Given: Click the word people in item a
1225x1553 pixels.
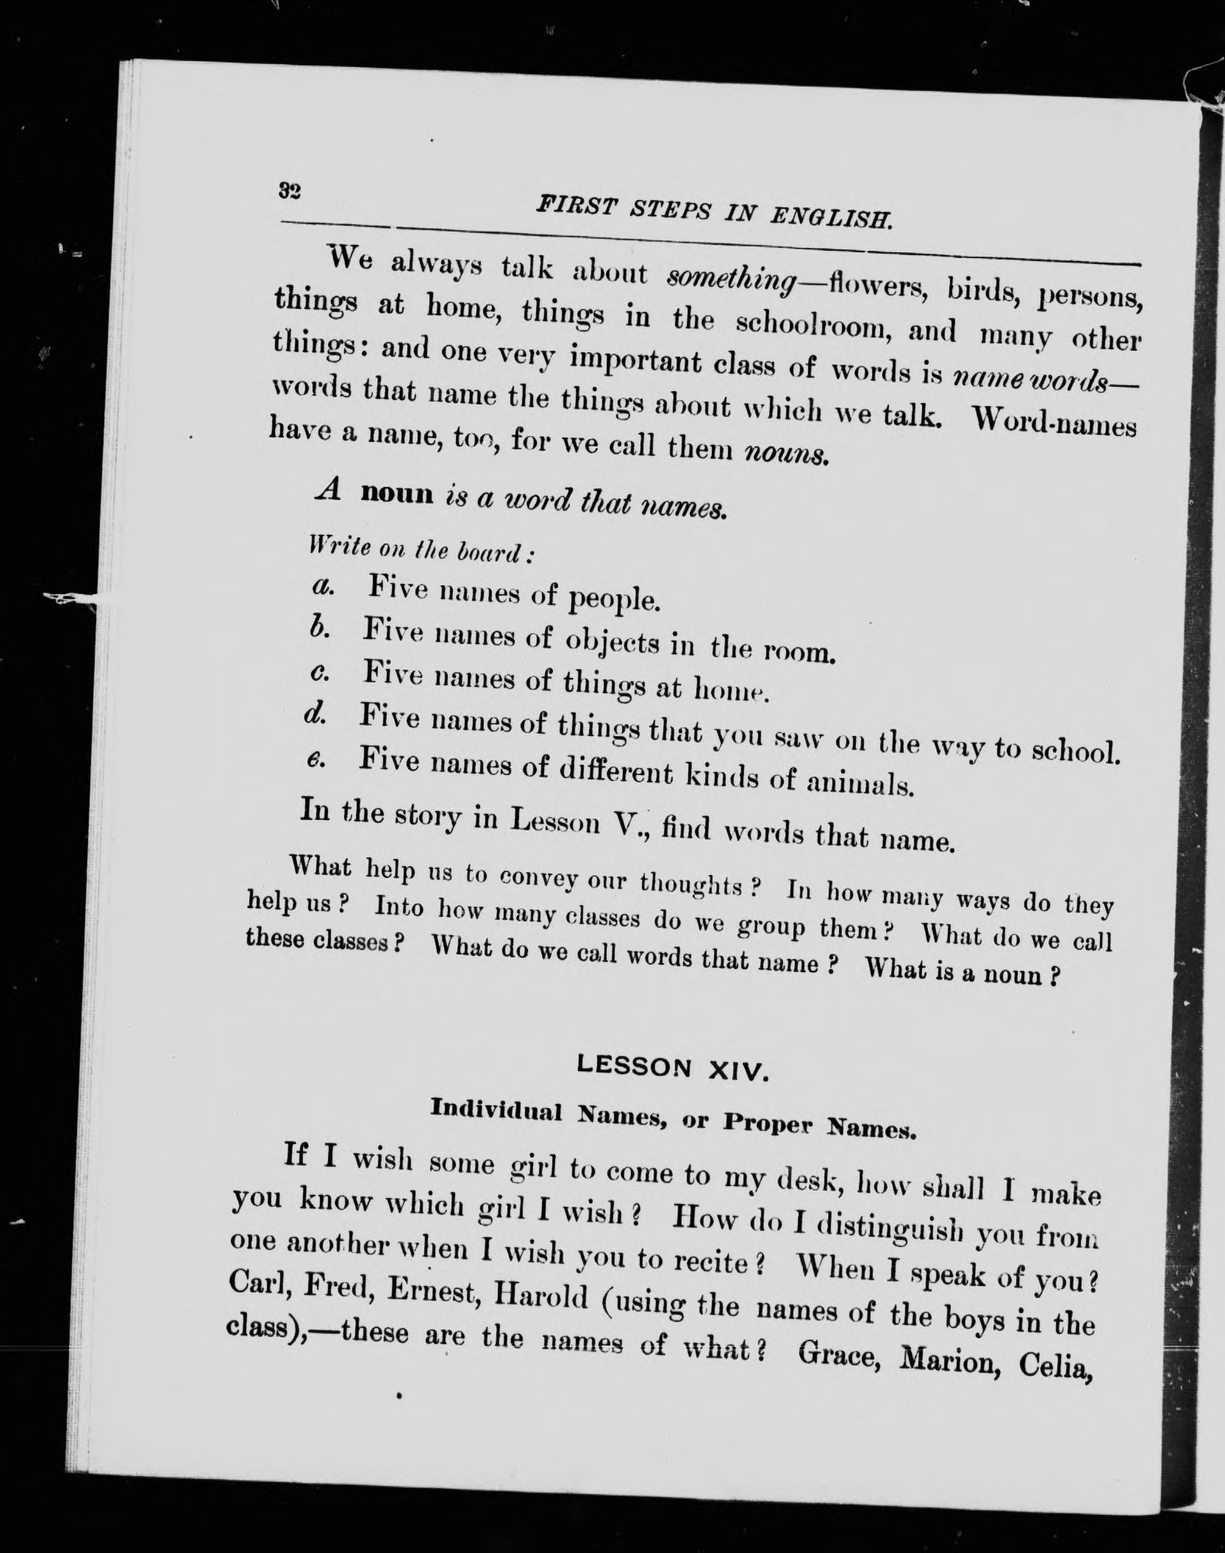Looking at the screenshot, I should [616, 599].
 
